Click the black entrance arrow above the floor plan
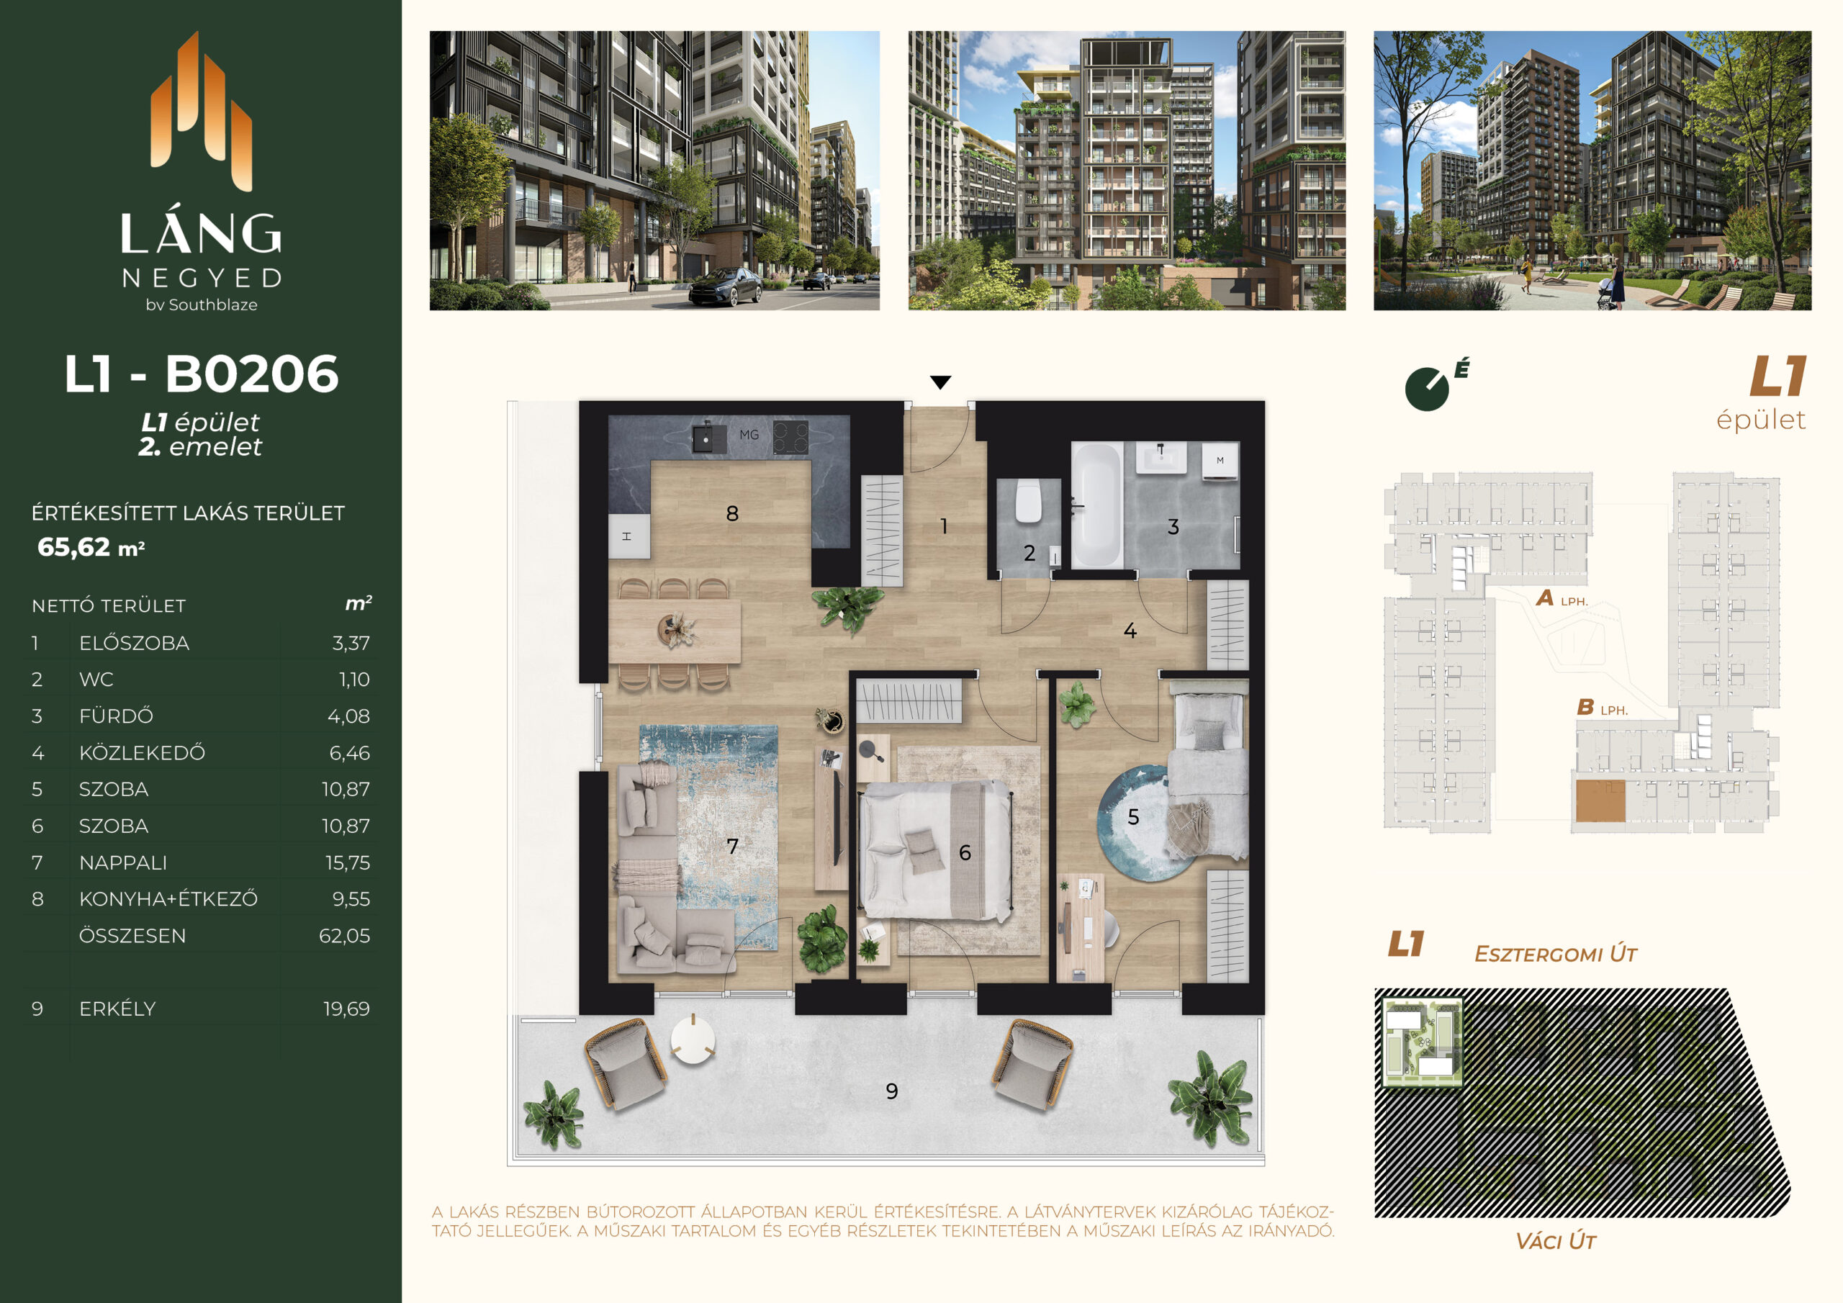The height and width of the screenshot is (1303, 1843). pyautogui.click(x=940, y=382)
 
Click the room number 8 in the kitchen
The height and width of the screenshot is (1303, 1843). pyautogui.click(x=732, y=514)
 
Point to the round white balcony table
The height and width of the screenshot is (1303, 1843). pyautogui.click(x=693, y=1039)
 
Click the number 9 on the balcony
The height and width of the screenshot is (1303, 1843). pyautogui.click(x=892, y=1091)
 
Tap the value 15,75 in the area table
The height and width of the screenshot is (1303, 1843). pyautogui.click(x=348, y=862)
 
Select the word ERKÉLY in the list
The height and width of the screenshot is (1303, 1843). pyautogui.click(x=117, y=1009)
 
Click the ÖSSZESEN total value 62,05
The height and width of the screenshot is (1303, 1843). pyautogui.click(x=344, y=935)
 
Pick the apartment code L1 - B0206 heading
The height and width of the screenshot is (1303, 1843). pyautogui.click(x=202, y=374)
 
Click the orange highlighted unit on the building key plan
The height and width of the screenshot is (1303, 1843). pyautogui.click(x=1600, y=801)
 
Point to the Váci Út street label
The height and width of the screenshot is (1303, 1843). pyautogui.click(x=1555, y=1241)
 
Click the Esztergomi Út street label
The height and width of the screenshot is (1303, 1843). pyautogui.click(x=1556, y=954)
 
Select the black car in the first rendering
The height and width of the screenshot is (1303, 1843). pyautogui.click(x=725, y=287)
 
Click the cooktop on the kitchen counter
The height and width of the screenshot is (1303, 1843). pyautogui.click(x=790, y=438)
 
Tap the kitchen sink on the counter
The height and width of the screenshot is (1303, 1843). pyautogui.click(x=704, y=438)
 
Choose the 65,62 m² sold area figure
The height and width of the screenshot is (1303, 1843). pyautogui.click(x=91, y=548)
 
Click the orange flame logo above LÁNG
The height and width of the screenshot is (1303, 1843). pyautogui.click(x=202, y=111)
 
